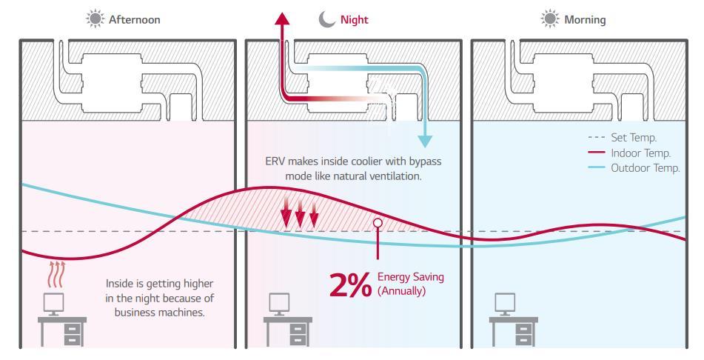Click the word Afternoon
tap(134, 20)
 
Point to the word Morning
tap(585, 20)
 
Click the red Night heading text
tap(354, 20)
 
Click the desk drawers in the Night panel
tap(298, 335)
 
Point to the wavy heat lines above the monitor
tap(56, 273)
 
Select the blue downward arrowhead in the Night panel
tap(425, 141)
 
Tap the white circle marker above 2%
tap(378, 221)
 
